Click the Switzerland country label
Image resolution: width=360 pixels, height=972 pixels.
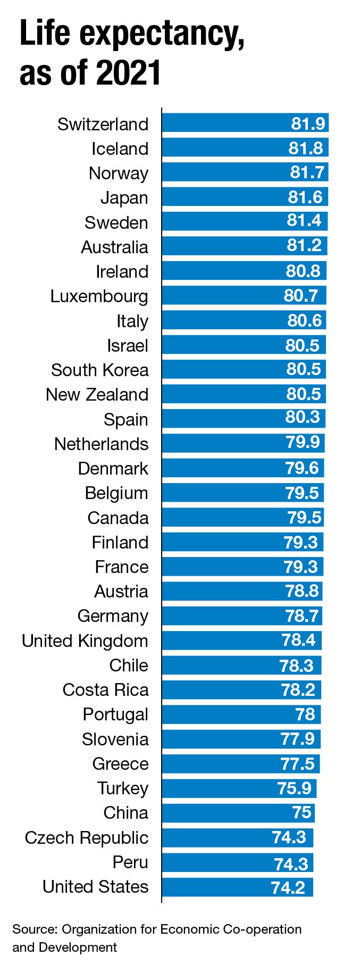(x=103, y=124)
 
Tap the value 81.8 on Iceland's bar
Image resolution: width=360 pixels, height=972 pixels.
(x=305, y=148)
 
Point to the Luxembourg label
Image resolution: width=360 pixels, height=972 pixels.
(x=99, y=296)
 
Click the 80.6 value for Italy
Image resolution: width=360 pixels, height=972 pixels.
(x=304, y=320)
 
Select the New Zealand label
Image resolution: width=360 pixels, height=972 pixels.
(x=97, y=395)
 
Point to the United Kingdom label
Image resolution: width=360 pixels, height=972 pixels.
(x=85, y=641)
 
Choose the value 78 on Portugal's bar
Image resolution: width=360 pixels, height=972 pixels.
(x=305, y=714)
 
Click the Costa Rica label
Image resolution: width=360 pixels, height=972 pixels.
(x=105, y=690)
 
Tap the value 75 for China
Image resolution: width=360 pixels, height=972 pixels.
(x=302, y=812)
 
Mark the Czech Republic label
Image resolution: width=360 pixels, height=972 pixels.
(x=86, y=837)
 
